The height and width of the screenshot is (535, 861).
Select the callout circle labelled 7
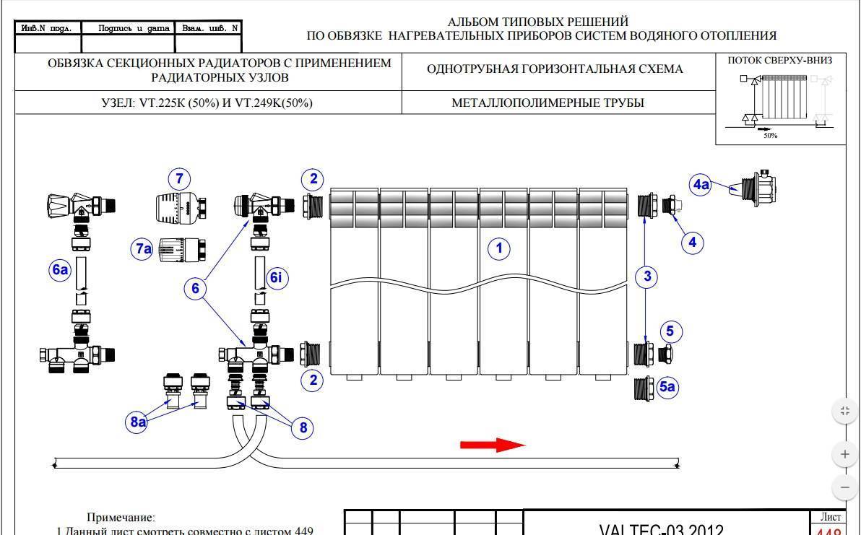180,178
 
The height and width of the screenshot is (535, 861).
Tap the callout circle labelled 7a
142,249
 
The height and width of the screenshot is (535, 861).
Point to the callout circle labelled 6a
60,271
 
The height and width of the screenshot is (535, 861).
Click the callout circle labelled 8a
138,422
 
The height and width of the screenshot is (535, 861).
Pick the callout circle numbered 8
303,427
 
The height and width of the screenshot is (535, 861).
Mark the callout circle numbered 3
647,276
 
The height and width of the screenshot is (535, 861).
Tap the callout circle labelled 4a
701,185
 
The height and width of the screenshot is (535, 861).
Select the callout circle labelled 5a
668,387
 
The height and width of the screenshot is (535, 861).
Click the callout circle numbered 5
670,331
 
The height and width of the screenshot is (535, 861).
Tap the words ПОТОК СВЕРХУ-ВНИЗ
780,61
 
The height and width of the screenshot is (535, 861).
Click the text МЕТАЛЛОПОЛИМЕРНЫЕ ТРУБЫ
548,103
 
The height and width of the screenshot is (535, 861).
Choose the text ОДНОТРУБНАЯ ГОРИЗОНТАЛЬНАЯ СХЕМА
555,69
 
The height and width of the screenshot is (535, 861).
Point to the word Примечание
121,517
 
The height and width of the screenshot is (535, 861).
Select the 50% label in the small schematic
771,136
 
